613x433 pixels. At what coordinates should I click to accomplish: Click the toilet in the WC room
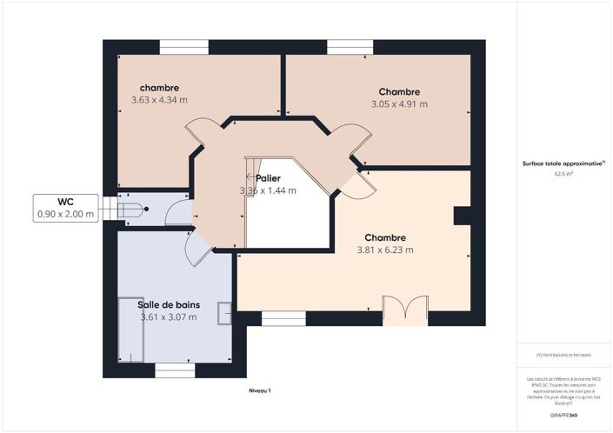tap(130, 210)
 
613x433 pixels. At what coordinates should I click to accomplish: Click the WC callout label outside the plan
tap(65, 208)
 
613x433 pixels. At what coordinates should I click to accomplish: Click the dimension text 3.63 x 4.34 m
tap(159, 99)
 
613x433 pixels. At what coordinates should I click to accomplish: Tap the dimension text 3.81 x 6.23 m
tap(385, 250)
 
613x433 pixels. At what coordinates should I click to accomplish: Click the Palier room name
tap(268, 177)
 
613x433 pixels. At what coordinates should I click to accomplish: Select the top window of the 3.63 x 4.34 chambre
tap(177, 46)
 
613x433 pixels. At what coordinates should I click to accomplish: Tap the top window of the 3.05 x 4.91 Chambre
tap(350, 46)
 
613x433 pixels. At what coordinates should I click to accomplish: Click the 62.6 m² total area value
tap(565, 173)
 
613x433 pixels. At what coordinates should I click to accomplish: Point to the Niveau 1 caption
tap(259, 390)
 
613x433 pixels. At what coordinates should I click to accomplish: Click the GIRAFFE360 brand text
tap(564, 418)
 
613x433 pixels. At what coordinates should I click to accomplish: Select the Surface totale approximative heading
tap(563, 163)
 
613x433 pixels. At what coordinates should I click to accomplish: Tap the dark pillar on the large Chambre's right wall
tap(462, 216)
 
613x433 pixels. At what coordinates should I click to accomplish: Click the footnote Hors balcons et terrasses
tap(563, 354)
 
